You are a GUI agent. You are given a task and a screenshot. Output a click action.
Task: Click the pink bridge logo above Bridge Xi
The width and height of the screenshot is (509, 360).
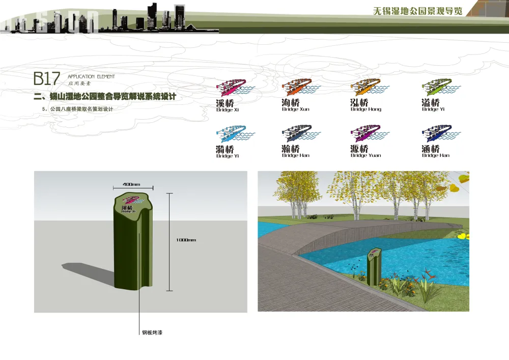[231, 88]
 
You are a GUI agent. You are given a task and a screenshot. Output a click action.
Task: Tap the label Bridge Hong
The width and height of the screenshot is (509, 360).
[365, 109]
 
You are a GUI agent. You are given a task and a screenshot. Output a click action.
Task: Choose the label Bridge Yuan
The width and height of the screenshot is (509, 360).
[365, 155]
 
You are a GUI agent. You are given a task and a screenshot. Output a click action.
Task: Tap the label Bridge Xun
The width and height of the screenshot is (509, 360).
[295, 109]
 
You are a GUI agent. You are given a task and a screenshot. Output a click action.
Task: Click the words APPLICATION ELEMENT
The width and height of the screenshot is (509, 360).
[91, 76]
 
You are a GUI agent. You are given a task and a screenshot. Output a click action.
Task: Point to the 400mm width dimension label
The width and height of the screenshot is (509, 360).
[131, 184]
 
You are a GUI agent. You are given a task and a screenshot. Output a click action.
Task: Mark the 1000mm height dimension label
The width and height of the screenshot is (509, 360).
[186, 240]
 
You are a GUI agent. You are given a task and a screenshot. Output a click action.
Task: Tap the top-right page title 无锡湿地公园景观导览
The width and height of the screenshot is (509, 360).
[417, 11]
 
